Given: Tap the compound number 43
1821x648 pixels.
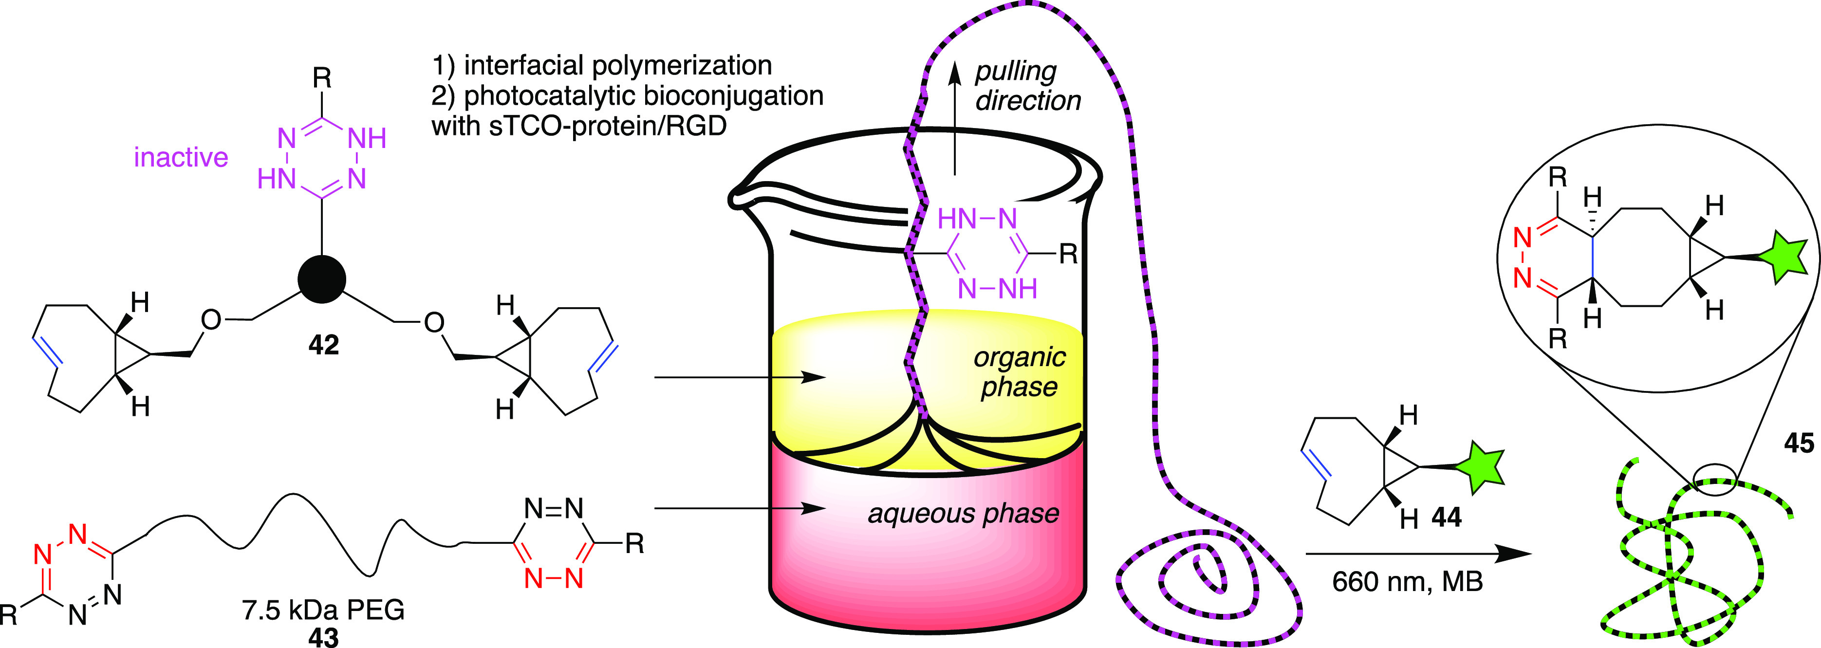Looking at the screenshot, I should (324, 637).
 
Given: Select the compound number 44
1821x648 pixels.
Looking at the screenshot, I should (1447, 518).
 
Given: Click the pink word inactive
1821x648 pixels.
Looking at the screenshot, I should (181, 157).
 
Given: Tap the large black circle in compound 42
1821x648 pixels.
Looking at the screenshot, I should (322, 279).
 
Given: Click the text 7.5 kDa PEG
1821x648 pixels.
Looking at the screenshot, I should (323, 609).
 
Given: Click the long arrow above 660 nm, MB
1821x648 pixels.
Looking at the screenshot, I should (1417, 554).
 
